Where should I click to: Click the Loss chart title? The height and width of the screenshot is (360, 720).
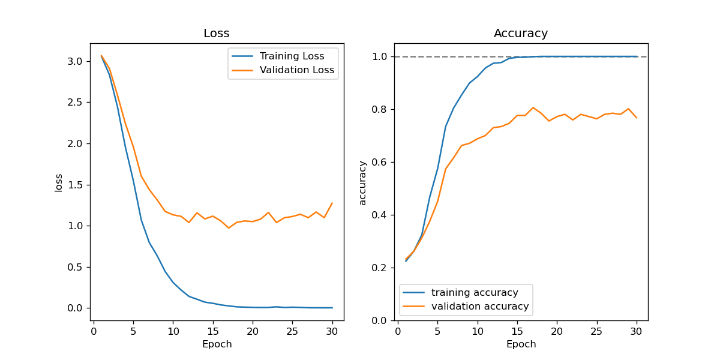point(217,34)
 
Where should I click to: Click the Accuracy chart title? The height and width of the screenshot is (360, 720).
point(521,34)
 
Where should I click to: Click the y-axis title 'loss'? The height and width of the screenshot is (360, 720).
point(59,182)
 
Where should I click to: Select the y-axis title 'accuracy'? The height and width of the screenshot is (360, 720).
point(362,182)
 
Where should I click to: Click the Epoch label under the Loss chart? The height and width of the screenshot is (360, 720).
point(217,344)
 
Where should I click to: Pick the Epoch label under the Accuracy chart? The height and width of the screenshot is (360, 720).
point(521,344)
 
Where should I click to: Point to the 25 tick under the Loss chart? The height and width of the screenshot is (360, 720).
point(292,331)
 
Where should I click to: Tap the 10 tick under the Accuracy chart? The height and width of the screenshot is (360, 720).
point(477,331)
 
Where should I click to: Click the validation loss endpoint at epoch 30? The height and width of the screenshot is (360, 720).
point(332,203)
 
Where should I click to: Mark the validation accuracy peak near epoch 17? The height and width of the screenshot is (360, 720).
point(533,108)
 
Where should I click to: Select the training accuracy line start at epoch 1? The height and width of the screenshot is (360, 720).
point(406,261)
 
